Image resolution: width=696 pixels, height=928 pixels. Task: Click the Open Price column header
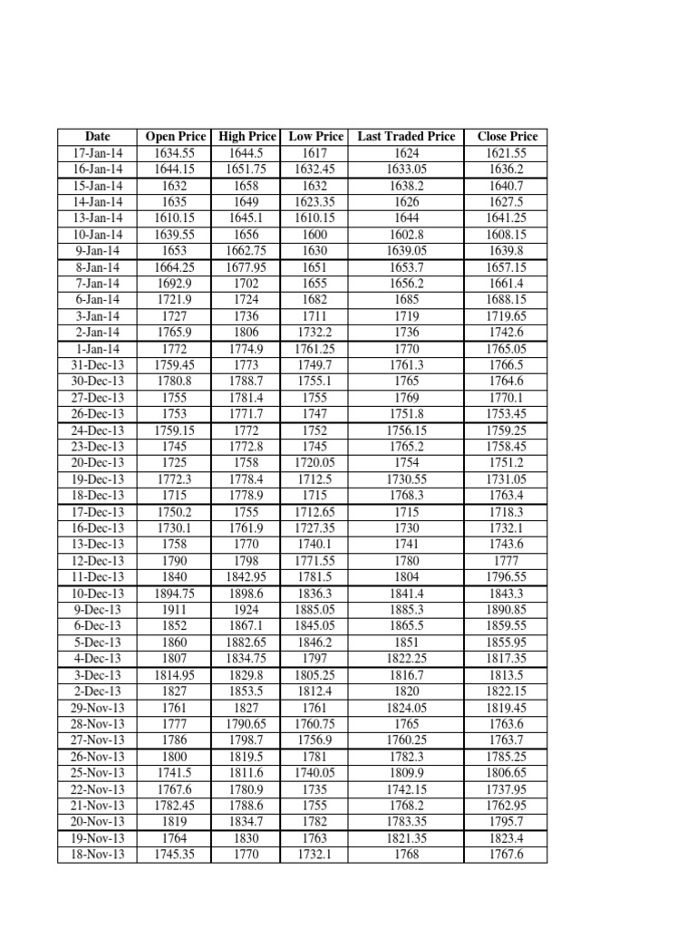[x=175, y=136]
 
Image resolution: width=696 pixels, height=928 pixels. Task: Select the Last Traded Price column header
[x=406, y=136]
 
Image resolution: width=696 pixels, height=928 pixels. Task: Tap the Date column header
[x=97, y=136]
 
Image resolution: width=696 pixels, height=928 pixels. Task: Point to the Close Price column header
[x=507, y=136]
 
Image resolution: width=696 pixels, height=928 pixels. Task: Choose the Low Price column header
[x=315, y=136]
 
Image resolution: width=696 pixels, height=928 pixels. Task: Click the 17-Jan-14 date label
[x=97, y=152]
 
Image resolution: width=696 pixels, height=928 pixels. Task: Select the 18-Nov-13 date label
[x=97, y=854]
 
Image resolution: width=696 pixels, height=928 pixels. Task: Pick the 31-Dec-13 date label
[x=97, y=364]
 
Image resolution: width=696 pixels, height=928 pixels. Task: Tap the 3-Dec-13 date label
[x=97, y=674]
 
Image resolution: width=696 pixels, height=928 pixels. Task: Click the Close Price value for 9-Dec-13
[x=507, y=609]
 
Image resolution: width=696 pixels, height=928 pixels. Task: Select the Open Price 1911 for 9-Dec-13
[x=175, y=609]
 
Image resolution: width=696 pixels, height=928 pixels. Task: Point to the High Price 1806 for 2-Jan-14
[x=246, y=332]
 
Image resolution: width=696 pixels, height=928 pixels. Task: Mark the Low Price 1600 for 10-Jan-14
[x=315, y=234]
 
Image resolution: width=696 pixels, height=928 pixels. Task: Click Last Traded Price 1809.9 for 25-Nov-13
[x=406, y=772]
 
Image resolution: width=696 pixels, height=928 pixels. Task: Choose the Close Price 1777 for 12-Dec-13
[x=507, y=560]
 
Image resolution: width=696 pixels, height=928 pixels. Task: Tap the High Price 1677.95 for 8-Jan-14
[x=246, y=266]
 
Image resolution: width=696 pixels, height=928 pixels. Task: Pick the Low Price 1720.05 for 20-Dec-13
[x=315, y=462]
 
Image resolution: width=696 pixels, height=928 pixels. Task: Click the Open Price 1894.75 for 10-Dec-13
[x=175, y=593]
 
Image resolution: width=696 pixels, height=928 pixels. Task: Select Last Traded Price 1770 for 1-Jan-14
[x=406, y=348]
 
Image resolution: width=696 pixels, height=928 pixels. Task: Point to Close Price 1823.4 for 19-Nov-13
[x=507, y=837]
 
